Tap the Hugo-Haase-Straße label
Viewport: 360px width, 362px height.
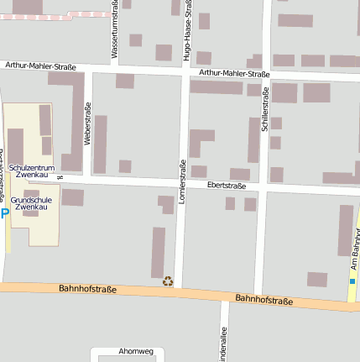point(186,31)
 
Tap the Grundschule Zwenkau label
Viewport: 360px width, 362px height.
point(33,202)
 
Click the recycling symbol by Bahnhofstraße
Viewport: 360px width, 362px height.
point(168,282)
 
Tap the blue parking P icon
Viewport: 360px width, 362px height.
point(4,214)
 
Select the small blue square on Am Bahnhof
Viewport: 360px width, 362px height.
point(352,281)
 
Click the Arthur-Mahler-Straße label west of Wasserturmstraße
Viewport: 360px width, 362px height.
point(39,66)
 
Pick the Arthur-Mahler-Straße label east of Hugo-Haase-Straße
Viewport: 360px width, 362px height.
point(235,74)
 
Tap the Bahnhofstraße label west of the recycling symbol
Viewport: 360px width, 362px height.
point(87,289)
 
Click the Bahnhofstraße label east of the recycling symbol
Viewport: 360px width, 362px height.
point(263,299)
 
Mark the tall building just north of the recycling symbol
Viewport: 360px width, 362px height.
point(158,252)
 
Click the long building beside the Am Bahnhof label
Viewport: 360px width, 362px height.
point(345,229)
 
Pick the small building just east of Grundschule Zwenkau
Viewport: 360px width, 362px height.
point(72,197)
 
